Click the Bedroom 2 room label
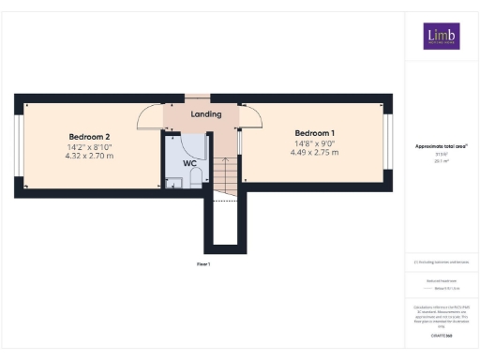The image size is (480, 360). tap(90, 135)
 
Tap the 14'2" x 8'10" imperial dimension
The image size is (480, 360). tap(90, 146)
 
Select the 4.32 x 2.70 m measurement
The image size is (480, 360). tap(90, 156)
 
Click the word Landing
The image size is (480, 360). tap(205, 114)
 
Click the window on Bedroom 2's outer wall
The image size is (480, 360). tap(17, 144)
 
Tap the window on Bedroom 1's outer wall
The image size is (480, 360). tap(387, 143)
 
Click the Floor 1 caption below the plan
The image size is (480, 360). tap(203, 264)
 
